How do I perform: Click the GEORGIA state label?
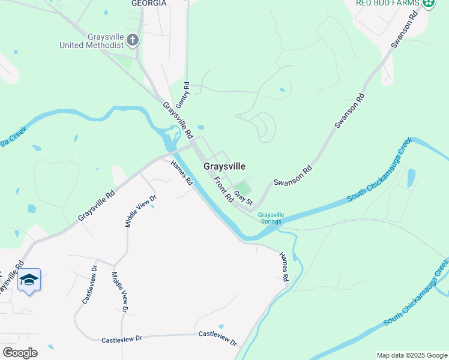(148, 3)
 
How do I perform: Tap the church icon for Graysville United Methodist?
(133, 41)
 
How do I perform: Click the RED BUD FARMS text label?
(388, 3)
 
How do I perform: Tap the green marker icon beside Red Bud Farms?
(428, 4)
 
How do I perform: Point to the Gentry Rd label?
(187, 94)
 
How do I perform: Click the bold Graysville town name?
(224, 166)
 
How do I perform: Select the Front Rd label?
(222, 189)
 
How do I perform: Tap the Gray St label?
(243, 196)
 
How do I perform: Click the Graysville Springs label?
(270, 218)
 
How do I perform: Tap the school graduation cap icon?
(29, 280)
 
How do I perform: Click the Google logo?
(20, 352)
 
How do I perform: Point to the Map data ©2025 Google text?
(411, 355)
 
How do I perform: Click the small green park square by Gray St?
(241, 186)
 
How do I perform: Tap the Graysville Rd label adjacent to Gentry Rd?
(178, 118)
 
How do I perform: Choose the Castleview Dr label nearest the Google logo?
(122, 338)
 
